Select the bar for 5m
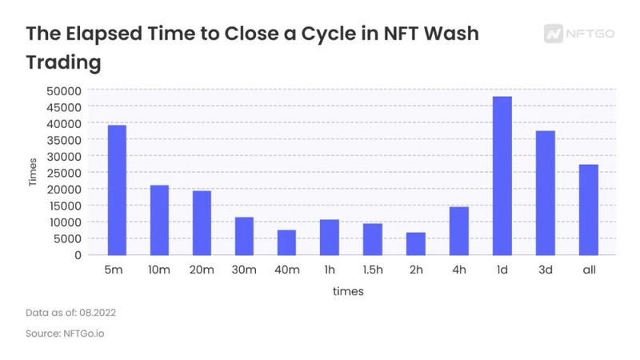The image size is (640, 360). (x=117, y=190)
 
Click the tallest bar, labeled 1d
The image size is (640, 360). (x=502, y=175)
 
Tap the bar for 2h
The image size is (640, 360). (x=416, y=243)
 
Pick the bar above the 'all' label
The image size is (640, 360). (x=588, y=210)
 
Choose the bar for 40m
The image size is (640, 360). (x=287, y=242)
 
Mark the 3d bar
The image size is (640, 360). (x=545, y=193)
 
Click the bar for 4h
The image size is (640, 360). (x=459, y=230)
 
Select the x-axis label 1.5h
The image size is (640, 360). (x=373, y=271)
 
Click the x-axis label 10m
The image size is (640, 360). (x=159, y=271)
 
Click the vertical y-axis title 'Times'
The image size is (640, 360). (x=33, y=173)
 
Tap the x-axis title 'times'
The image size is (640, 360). (x=348, y=292)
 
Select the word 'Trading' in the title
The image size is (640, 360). (x=66, y=61)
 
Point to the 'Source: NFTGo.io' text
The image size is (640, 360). (x=65, y=333)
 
